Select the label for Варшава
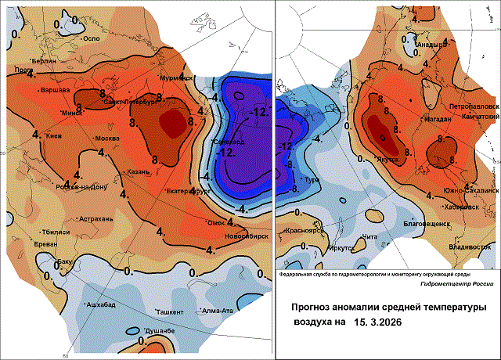(55, 91)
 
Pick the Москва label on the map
(106, 139)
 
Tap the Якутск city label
(389, 160)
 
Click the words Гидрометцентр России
(432, 285)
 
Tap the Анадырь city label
(430, 45)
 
